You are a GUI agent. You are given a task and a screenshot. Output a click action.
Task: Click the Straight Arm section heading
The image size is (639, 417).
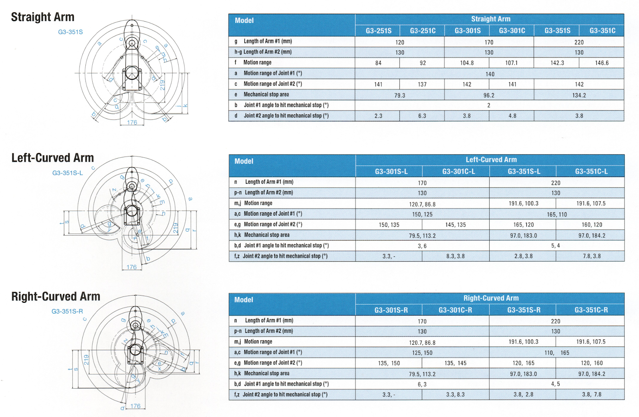tap(43, 17)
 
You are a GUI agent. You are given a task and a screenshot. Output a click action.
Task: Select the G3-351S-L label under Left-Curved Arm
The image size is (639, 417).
tap(67, 173)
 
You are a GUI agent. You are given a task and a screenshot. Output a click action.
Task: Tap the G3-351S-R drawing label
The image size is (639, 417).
tap(67, 311)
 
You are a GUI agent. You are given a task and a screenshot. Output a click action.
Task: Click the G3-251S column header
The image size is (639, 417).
tap(378, 31)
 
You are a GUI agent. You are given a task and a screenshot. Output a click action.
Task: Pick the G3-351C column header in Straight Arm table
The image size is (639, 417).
tap(602, 31)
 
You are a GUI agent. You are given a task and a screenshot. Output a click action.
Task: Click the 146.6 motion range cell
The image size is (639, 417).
tap(601, 63)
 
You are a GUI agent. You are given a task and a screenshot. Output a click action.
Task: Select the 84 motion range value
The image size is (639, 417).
tap(378, 63)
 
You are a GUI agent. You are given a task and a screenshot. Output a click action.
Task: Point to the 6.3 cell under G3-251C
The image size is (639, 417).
tap(422, 116)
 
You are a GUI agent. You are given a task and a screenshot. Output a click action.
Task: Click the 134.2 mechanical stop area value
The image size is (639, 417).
tap(579, 95)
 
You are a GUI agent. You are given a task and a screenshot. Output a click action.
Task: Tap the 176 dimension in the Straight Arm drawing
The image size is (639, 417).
tap(132, 123)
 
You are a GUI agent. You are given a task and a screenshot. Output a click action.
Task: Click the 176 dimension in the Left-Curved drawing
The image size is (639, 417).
tap(131, 267)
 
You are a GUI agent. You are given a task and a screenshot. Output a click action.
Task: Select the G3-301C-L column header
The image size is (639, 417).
tap(458, 171)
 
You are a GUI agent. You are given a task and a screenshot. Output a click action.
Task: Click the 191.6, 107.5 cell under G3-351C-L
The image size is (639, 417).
tap(591, 203)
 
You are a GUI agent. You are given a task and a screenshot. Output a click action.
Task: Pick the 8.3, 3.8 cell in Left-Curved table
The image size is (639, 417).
tap(455, 256)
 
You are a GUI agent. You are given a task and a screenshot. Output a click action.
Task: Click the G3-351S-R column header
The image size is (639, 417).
tap(524, 310)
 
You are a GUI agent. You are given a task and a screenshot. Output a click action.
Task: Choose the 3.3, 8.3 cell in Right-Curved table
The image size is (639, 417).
tap(455, 395)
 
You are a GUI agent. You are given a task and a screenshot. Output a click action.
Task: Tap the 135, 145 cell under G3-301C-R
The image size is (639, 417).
tap(455, 363)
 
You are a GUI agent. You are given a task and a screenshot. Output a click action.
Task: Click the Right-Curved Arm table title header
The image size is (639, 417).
tap(491, 298)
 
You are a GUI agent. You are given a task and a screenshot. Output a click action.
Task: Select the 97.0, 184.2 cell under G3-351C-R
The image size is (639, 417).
tap(591, 374)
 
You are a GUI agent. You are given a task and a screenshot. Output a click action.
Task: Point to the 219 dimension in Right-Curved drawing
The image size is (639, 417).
tap(86, 359)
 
